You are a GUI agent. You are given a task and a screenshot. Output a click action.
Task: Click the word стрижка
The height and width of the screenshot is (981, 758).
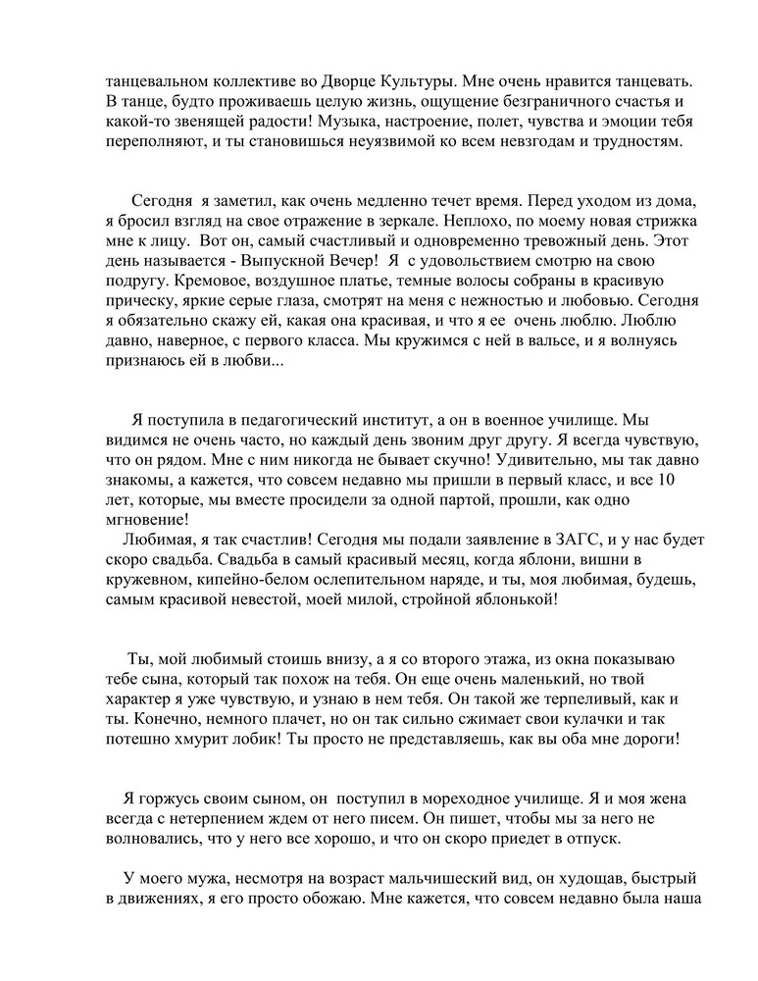(655, 220)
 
